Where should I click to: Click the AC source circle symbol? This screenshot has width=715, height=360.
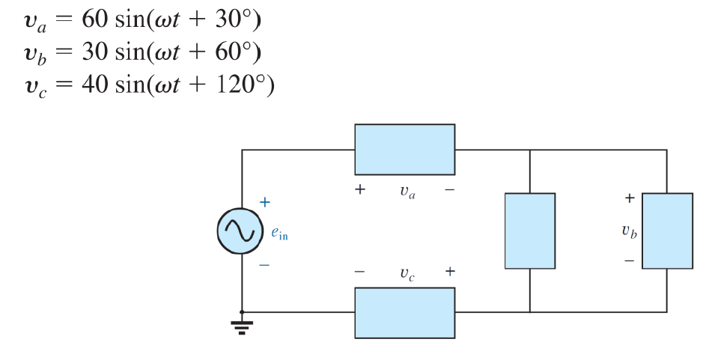(x=241, y=231)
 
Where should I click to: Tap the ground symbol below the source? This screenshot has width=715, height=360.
(x=241, y=325)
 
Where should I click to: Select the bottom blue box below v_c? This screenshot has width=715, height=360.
(x=404, y=312)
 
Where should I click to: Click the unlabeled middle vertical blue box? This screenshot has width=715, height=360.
(x=529, y=231)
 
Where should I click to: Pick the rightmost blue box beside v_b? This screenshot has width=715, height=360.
(x=667, y=231)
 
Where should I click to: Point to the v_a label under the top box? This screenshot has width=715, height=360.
(x=405, y=192)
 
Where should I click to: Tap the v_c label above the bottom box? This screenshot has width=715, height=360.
(x=405, y=273)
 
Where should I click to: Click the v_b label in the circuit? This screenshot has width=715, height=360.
(x=629, y=231)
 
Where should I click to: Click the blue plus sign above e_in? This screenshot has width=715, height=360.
(x=264, y=202)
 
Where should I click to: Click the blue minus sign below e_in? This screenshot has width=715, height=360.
(x=264, y=264)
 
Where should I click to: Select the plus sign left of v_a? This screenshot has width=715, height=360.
(x=360, y=190)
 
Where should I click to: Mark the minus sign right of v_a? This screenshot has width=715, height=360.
(x=449, y=190)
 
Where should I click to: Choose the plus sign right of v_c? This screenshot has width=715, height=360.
(x=449, y=271)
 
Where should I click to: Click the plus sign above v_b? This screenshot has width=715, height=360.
(x=629, y=198)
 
